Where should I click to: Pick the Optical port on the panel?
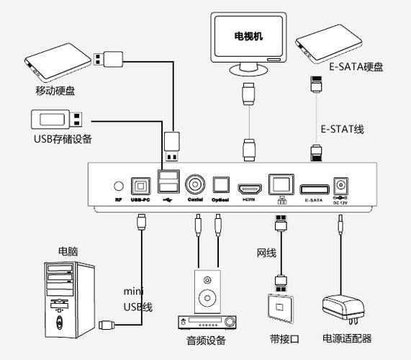[x=220, y=184]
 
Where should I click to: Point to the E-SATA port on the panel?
[x=313, y=187]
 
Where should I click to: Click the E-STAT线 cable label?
[x=342, y=129]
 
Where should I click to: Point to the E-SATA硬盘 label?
[x=356, y=67]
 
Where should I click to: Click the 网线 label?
[x=266, y=252]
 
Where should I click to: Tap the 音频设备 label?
[x=206, y=340]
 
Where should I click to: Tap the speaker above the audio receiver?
[x=207, y=291]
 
